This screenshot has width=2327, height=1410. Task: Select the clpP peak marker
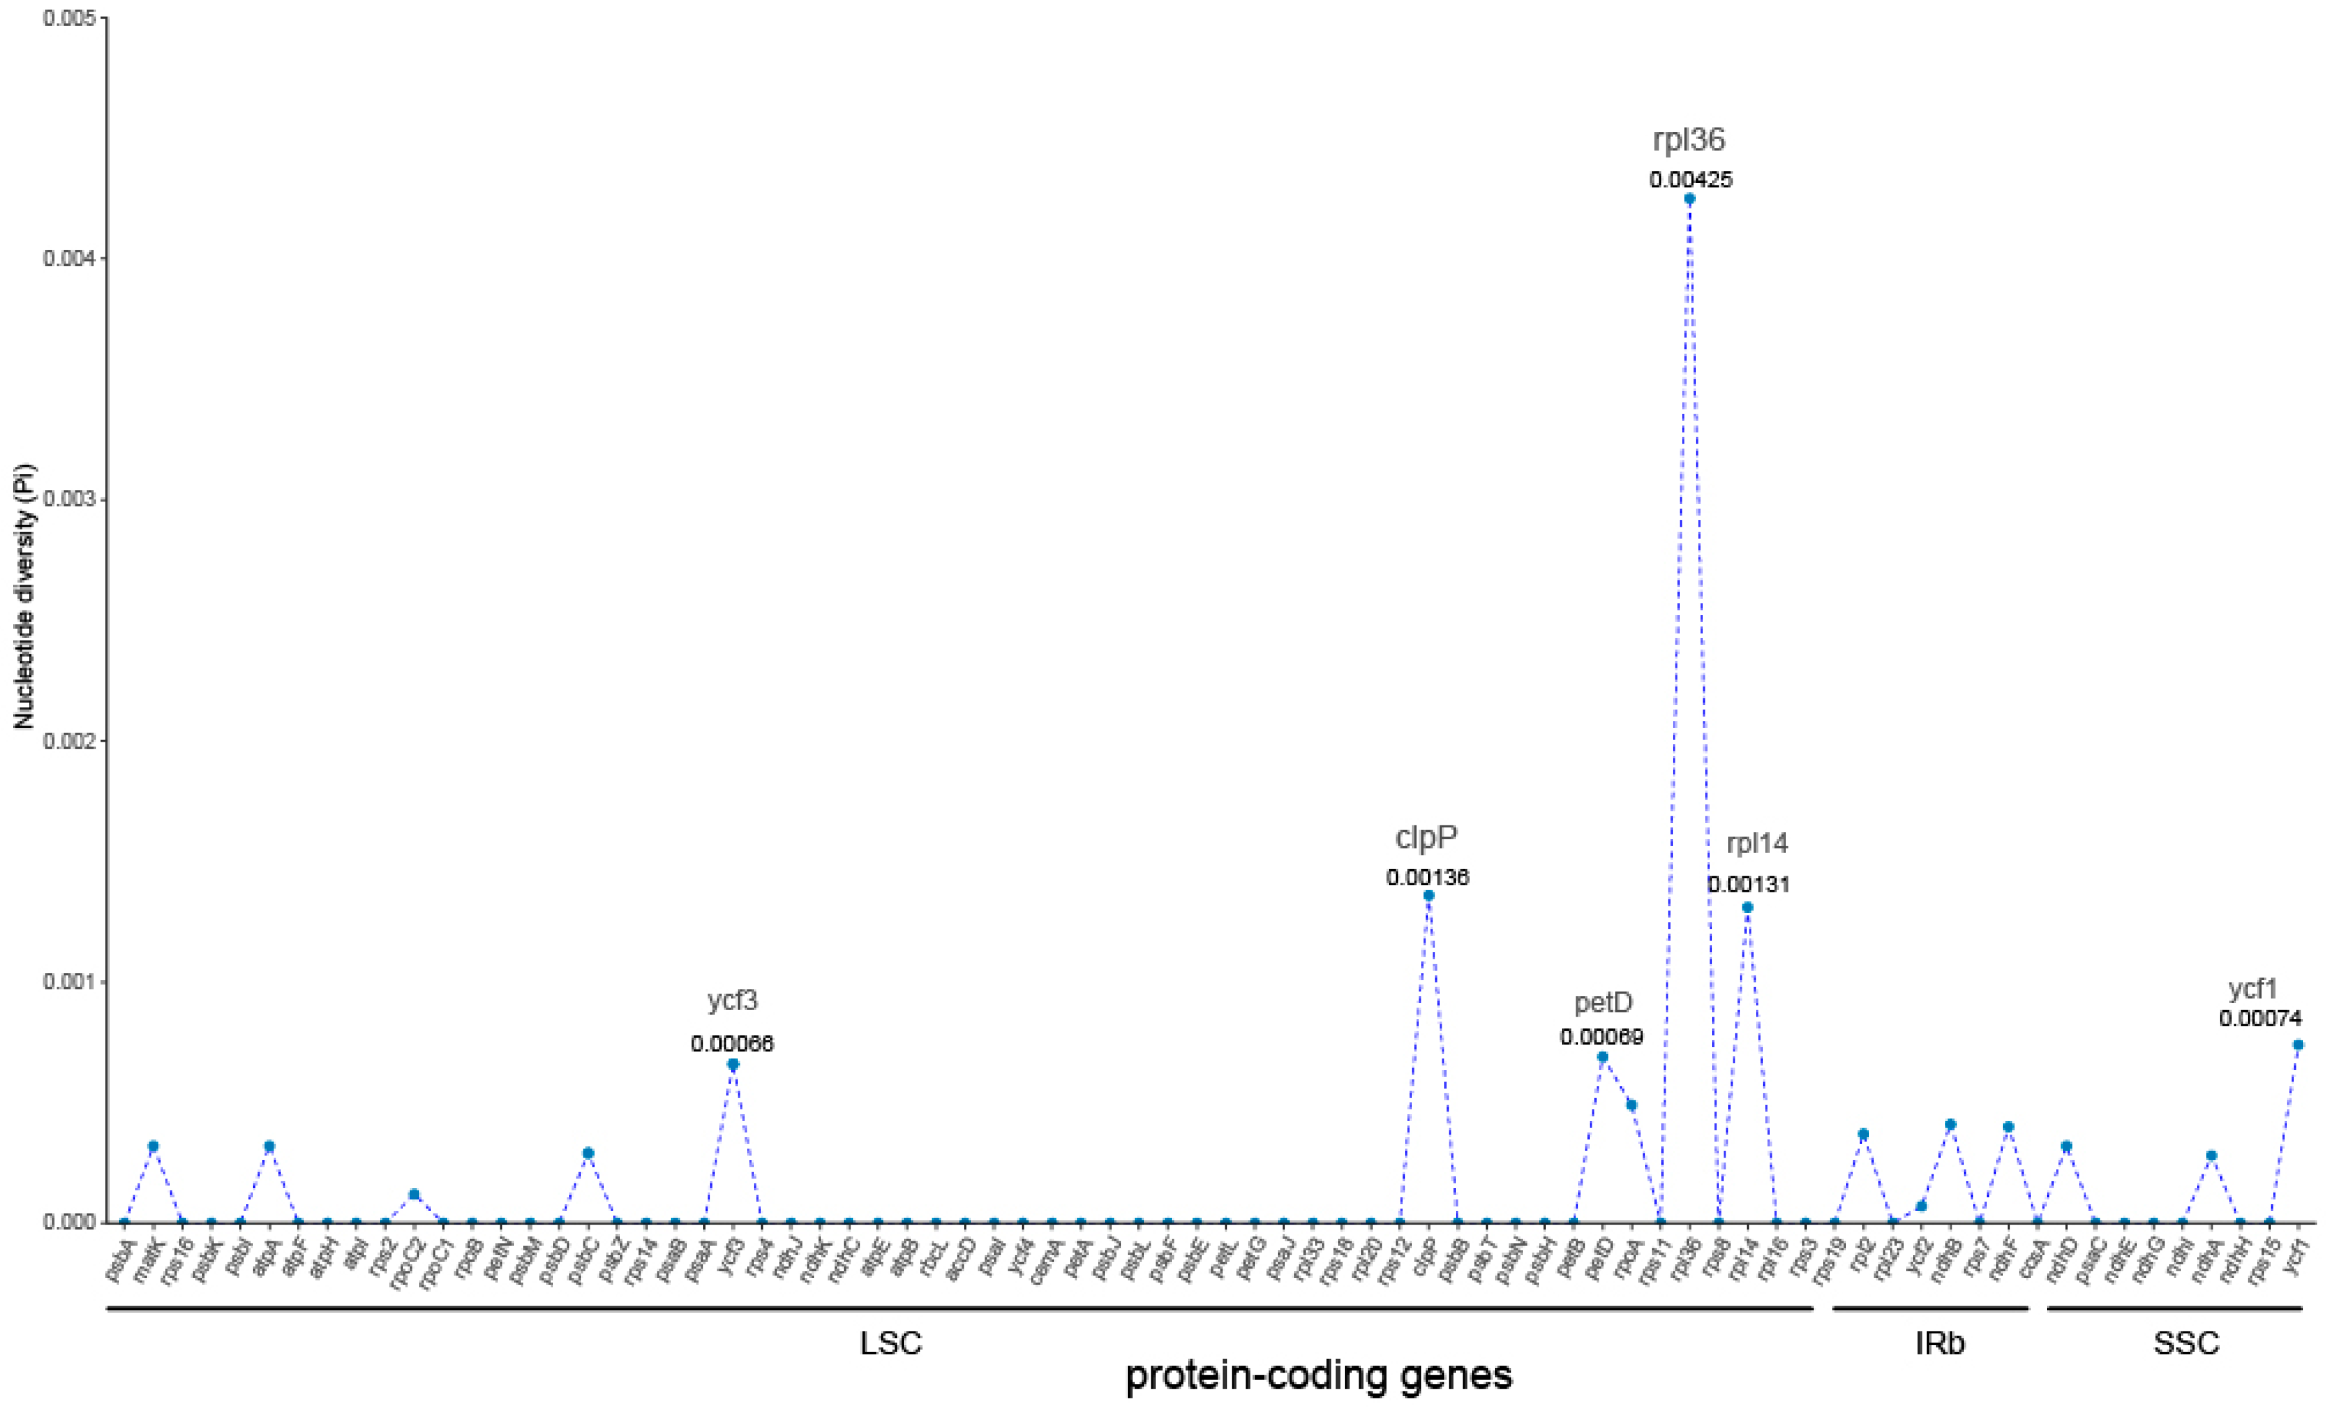tap(1428, 896)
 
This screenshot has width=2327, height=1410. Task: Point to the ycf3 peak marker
tap(733, 1064)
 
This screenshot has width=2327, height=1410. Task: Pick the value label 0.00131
tap(1748, 885)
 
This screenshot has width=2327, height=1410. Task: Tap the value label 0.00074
tap(2261, 1019)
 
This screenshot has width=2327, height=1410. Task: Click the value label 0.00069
tap(1602, 1037)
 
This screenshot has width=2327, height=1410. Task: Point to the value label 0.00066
tap(732, 1044)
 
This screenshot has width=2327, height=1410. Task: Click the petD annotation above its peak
tap(1603, 1002)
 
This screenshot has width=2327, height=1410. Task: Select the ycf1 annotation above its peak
tap(2254, 989)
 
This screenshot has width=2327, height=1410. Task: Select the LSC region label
tap(890, 1343)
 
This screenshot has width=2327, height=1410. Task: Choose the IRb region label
tap(1940, 1343)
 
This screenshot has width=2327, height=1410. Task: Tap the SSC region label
tap(2186, 1343)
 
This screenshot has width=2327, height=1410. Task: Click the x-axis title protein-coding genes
tap(1319, 1376)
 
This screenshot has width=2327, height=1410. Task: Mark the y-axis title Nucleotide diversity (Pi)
tap(24, 596)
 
